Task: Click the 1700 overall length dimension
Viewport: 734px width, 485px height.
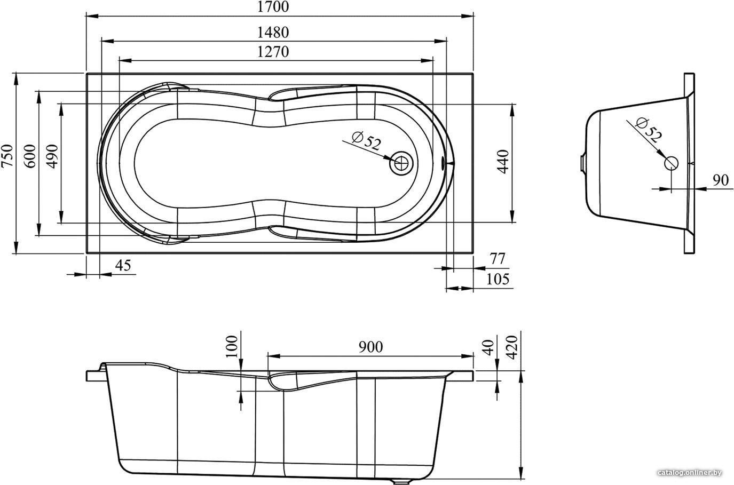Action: (273, 7)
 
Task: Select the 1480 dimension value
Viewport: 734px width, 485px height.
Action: (273, 33)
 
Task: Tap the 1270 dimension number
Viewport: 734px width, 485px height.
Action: (273, 52)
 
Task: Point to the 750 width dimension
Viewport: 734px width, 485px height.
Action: (7, 156)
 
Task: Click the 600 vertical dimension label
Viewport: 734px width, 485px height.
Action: (30, 156)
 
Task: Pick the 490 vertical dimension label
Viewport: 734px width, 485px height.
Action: (52, 156)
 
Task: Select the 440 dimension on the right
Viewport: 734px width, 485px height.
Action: (503, 162)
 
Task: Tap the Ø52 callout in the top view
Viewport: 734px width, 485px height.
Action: (366, 141)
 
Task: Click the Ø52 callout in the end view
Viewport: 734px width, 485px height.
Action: (649, 131)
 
